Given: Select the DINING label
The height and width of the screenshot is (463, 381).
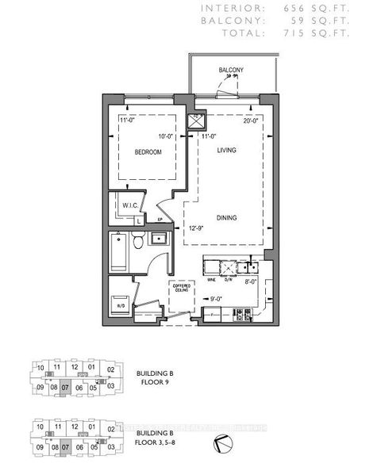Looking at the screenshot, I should tap(228, 216).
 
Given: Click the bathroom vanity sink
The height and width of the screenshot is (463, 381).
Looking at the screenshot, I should tap(157, 239).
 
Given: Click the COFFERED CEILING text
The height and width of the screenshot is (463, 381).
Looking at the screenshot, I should tap(181, 290).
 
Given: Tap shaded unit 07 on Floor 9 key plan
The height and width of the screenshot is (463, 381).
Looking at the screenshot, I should tap(65, 388).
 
